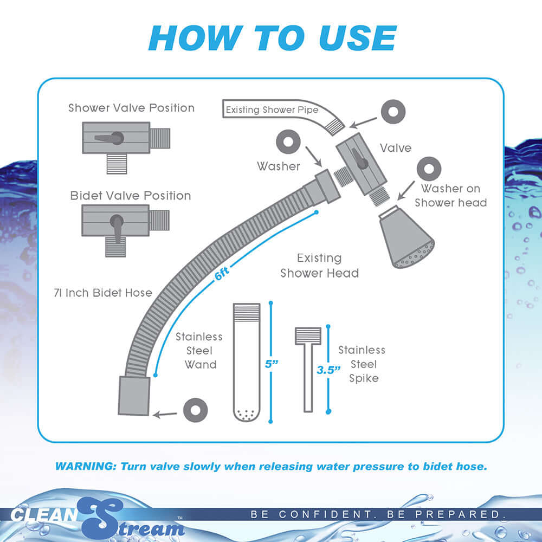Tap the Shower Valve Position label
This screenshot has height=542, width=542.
131,108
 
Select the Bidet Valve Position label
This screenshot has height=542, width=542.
131,196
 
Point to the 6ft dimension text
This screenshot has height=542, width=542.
222,274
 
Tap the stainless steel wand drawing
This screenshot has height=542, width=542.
247,362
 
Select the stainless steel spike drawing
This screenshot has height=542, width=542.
308,369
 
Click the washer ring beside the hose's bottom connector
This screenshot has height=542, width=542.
196,410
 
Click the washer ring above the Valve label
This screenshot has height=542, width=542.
392,112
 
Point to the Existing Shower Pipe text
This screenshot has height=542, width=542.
272,110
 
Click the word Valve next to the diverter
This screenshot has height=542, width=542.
396,147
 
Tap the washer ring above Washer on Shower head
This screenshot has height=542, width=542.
428,169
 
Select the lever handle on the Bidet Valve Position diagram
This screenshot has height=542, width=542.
118,228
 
